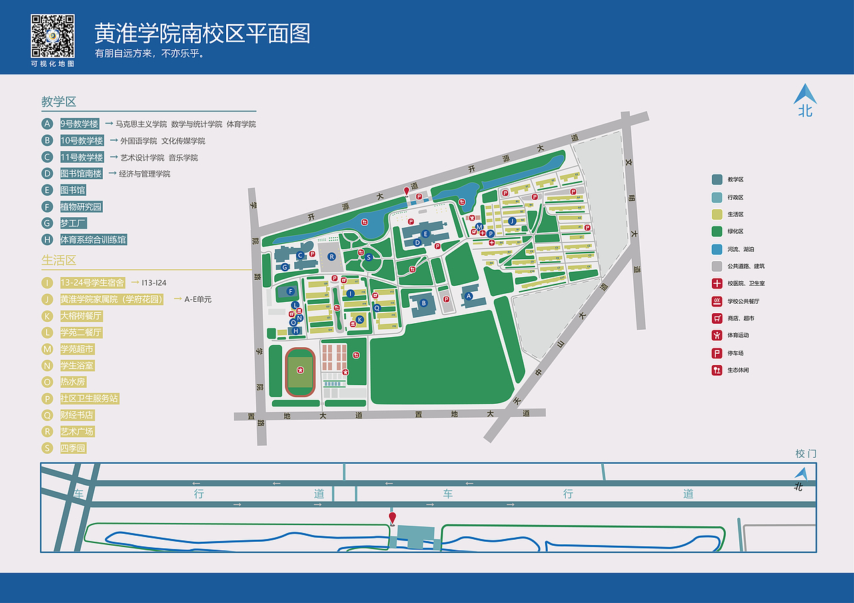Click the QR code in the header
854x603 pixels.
coord(53,36)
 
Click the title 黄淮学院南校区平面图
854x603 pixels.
coord(202,33)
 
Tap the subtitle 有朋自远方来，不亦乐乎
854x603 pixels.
coord(149,54)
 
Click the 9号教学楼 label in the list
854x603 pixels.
coord(79,124)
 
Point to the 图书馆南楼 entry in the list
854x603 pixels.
coord(81,174)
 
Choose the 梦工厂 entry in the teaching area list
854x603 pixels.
coord(73,223)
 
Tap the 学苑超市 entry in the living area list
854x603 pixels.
coord(77,349)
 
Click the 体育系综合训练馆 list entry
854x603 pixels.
coord(93,240)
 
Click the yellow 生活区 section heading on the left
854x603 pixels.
coord(59,260)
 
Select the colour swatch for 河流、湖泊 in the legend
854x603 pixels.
coord(717,249)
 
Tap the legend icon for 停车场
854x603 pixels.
coord(717,353)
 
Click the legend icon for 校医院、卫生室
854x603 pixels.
coord(717,284)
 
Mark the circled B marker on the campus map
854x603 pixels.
coord(423,303)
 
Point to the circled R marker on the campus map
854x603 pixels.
coord(331,257)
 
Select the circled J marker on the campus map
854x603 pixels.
coord(512,221)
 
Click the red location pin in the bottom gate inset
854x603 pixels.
coord(392,517)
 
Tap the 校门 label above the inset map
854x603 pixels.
coord(806,454)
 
